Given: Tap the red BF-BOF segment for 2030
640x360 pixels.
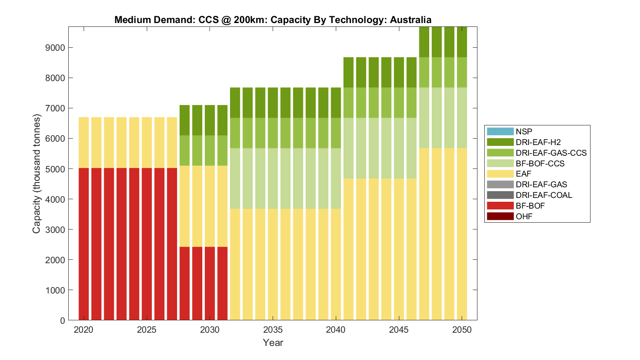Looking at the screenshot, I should [x=210, y=283].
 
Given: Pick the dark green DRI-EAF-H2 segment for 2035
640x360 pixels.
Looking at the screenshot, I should [x=273, y=102].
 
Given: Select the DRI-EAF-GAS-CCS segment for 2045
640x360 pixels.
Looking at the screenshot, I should [x=399, y=102].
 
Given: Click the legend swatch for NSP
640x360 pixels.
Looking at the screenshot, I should [x=500, y=131].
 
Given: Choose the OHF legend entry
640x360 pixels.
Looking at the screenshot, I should [x=524, y=216].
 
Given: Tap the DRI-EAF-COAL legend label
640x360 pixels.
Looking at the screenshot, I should [x=544, y=195].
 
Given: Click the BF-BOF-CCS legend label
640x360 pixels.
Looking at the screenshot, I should [x=540, y=163].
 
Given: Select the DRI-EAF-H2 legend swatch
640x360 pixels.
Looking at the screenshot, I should [x=500, y=142].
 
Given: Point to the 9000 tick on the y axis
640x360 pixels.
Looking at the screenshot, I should [x=55, y=47].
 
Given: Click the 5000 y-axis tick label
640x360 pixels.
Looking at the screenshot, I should [x=55, y=169].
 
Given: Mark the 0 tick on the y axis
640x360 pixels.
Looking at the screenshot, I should [x=63, y=320].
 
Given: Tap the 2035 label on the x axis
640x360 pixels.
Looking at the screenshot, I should [x=273, y=330].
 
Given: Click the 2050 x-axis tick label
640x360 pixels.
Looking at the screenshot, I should [x=462, y=330].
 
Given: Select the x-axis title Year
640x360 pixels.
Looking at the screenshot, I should [x=273, y=343].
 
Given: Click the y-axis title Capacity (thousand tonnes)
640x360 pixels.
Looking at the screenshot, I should [x=37, y=174].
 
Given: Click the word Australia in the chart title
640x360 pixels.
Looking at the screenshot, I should [x=410, y=20].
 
